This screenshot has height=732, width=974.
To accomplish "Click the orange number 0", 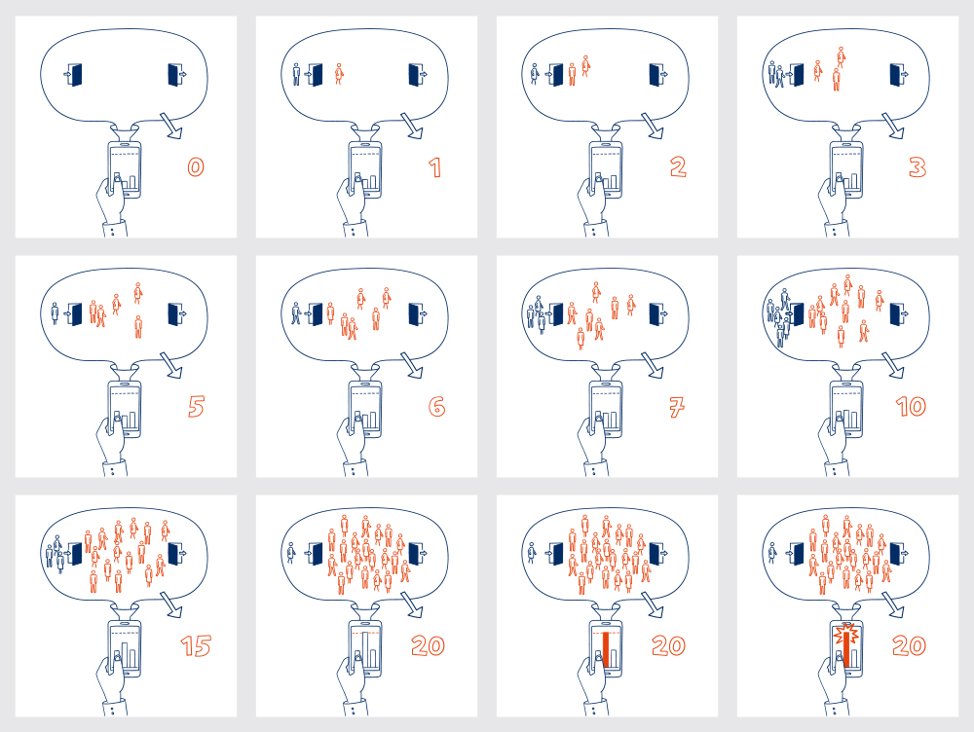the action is pos(196,167).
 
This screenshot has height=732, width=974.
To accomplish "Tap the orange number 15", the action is pos(197,646).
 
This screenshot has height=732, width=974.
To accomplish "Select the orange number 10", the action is pos(911,407).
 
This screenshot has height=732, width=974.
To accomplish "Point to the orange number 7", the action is pos(677,407).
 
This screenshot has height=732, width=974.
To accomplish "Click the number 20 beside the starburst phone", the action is pos(909,645).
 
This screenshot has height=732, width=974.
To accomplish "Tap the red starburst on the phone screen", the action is pos(846,634).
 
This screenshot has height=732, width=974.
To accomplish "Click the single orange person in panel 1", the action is pos(339,73).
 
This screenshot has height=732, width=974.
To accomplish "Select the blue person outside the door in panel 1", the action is pos(296,74).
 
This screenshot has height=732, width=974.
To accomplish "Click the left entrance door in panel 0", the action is pos(75,75).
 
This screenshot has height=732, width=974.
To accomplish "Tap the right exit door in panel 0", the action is pos(174,75).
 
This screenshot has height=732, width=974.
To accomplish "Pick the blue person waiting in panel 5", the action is pos(55,313).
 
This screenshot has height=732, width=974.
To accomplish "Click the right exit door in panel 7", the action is pos(656,314).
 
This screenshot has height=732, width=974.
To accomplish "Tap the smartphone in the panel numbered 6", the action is pos(365,409).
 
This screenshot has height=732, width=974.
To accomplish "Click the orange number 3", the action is pos(917,167).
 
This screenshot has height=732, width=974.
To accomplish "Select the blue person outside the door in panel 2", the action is pos(534,74).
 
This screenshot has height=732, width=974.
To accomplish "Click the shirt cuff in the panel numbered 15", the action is pos(115,708).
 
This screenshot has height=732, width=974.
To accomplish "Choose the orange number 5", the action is pos(197,407).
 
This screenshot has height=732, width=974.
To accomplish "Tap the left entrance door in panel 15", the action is pos(75,554).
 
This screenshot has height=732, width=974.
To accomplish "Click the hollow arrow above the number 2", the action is pos(653,126).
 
